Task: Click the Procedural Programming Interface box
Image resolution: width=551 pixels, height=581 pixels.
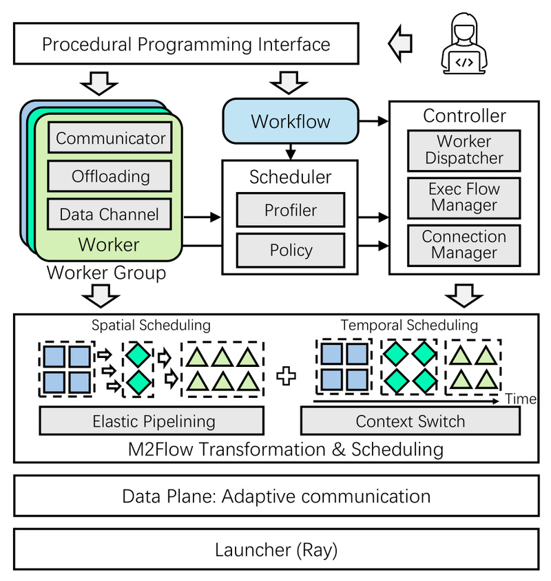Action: tap(186, 45)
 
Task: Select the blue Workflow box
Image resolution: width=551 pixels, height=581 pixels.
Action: tap(291, 122)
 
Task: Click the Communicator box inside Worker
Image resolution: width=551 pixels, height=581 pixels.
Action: tap(110, 138)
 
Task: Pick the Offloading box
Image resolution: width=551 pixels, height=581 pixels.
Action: tap(110, 176)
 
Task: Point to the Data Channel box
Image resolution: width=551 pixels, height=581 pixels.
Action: tap(110, 214)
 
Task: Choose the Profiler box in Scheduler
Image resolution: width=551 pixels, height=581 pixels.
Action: tap(290, 211)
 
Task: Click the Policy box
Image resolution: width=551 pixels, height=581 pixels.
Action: tap(290, 250)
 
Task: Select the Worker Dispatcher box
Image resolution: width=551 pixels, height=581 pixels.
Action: tap(464, 149)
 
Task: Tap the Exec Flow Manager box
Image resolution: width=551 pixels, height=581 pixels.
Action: tap(464, 197)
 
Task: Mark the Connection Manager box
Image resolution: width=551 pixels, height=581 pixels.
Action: tap(464, 244)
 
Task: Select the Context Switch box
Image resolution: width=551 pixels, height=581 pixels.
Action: tap(410, 421)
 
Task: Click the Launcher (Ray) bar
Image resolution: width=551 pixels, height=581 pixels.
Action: tap(275, 550)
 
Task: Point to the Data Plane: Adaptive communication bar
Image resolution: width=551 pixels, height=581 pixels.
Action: tap(275, 496)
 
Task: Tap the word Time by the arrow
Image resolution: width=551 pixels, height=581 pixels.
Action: tap(520, 399)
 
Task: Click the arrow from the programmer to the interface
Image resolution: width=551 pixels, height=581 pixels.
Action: tap(400, 44)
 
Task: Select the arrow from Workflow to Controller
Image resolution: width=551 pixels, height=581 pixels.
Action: tap(375, 122)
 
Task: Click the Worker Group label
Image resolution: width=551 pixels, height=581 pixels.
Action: tap(106, 273)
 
